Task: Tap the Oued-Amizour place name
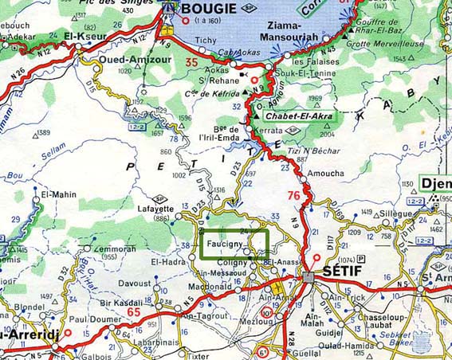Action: click(x=125, y=58)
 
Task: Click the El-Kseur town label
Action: click(x=84, y=36)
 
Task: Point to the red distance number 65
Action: click(x=134, y=312)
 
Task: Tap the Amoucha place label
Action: click(x=325, y=173)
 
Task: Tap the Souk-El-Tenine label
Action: click(x=314, y=74)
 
